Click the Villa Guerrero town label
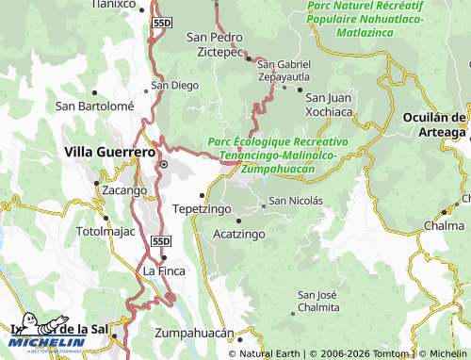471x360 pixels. [109, 151]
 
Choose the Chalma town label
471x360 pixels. [442, 226]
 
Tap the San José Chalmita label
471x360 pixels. [317, 301]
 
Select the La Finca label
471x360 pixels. [161, 270]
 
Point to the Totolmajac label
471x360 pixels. [106, 231]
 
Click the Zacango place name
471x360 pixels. [123, 189]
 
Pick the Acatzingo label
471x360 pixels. [239, 232]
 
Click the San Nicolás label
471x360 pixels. [296, 201]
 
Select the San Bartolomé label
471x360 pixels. [94, 106]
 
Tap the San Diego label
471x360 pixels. [175, 85]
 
